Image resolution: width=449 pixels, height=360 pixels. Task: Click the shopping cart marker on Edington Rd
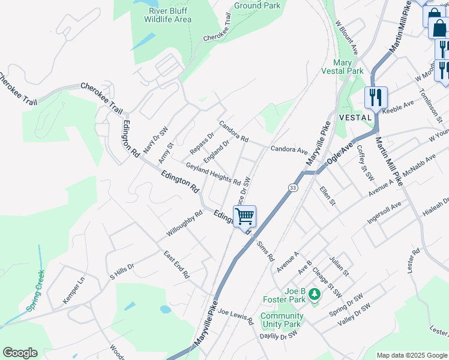[245, 216]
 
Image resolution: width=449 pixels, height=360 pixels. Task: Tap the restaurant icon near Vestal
[376, 97]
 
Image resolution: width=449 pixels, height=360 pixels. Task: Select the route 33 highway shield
[293, 188]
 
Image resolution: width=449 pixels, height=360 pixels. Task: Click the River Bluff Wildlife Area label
[167, 15]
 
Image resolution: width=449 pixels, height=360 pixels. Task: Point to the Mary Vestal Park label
[348, 67]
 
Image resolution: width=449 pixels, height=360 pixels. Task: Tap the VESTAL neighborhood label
[355, 117]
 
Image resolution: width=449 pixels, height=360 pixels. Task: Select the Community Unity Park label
[281, 320]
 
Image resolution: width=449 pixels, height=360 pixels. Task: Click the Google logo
[20, 353]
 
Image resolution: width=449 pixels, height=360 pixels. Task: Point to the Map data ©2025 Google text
[412, 355]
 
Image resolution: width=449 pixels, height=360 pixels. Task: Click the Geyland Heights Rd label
[213, 174]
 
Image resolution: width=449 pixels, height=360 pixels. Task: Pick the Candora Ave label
[289, 149]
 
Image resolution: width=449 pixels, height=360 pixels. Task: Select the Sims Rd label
[264, 250]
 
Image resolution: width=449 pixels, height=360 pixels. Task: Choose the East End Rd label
[176, 265]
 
